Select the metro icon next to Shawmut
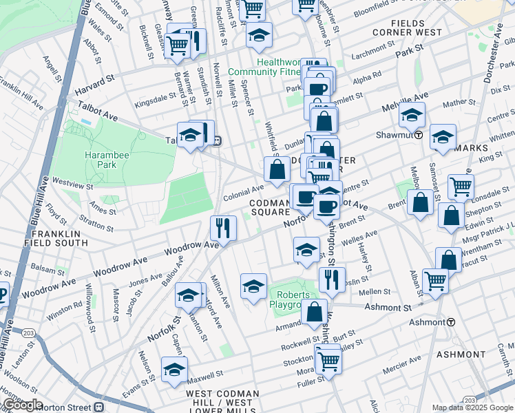[419, 135]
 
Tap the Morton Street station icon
[98, 406]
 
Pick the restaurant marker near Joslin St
[332, 279]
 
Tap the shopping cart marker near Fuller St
[328, 360]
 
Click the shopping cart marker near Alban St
[435, 281]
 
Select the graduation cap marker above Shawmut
[412, 114]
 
